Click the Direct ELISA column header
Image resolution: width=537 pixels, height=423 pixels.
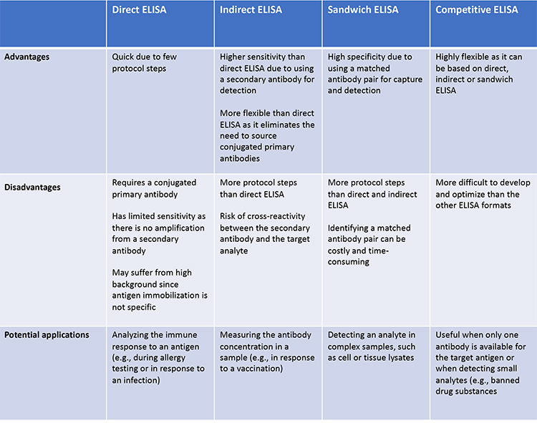[x=139, y=9]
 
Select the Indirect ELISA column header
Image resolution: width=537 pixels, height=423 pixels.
[x=251, y=9]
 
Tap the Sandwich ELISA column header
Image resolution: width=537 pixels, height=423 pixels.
[x=363, y=9]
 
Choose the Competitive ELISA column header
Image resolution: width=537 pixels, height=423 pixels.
[x=477, y=10]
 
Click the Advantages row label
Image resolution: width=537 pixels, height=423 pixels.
[x=26, y=57]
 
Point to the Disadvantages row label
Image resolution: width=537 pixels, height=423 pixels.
[x=32, y=188]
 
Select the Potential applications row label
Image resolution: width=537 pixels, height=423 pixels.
[x=47, y=335]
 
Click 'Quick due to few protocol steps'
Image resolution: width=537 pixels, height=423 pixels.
[x=144, y=63]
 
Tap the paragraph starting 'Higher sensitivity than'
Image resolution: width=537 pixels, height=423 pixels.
[x=267, y=74]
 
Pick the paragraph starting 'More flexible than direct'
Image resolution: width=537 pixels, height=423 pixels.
[x=267, y=135]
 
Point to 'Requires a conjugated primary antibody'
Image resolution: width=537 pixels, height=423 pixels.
[x=154, y=188]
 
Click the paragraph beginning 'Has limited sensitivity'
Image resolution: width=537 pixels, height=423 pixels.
[x=158, y=233]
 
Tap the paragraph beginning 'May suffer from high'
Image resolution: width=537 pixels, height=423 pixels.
[x=160, y=290]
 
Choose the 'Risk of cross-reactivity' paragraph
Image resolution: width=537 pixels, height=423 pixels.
[x=265, y=233]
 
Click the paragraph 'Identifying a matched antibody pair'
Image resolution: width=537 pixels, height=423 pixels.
[x=369, y=245]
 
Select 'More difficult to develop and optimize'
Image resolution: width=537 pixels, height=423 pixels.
[x=483, y=194]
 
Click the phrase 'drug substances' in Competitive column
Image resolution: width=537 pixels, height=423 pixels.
[x=466, y=392]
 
